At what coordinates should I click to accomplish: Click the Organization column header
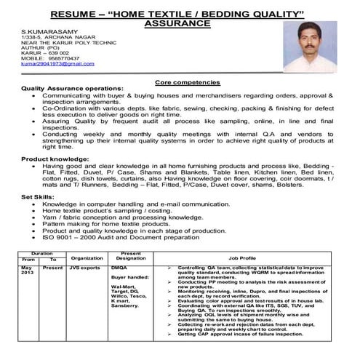87,257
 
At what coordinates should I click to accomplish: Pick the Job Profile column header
242,257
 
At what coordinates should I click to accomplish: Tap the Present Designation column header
131,254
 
